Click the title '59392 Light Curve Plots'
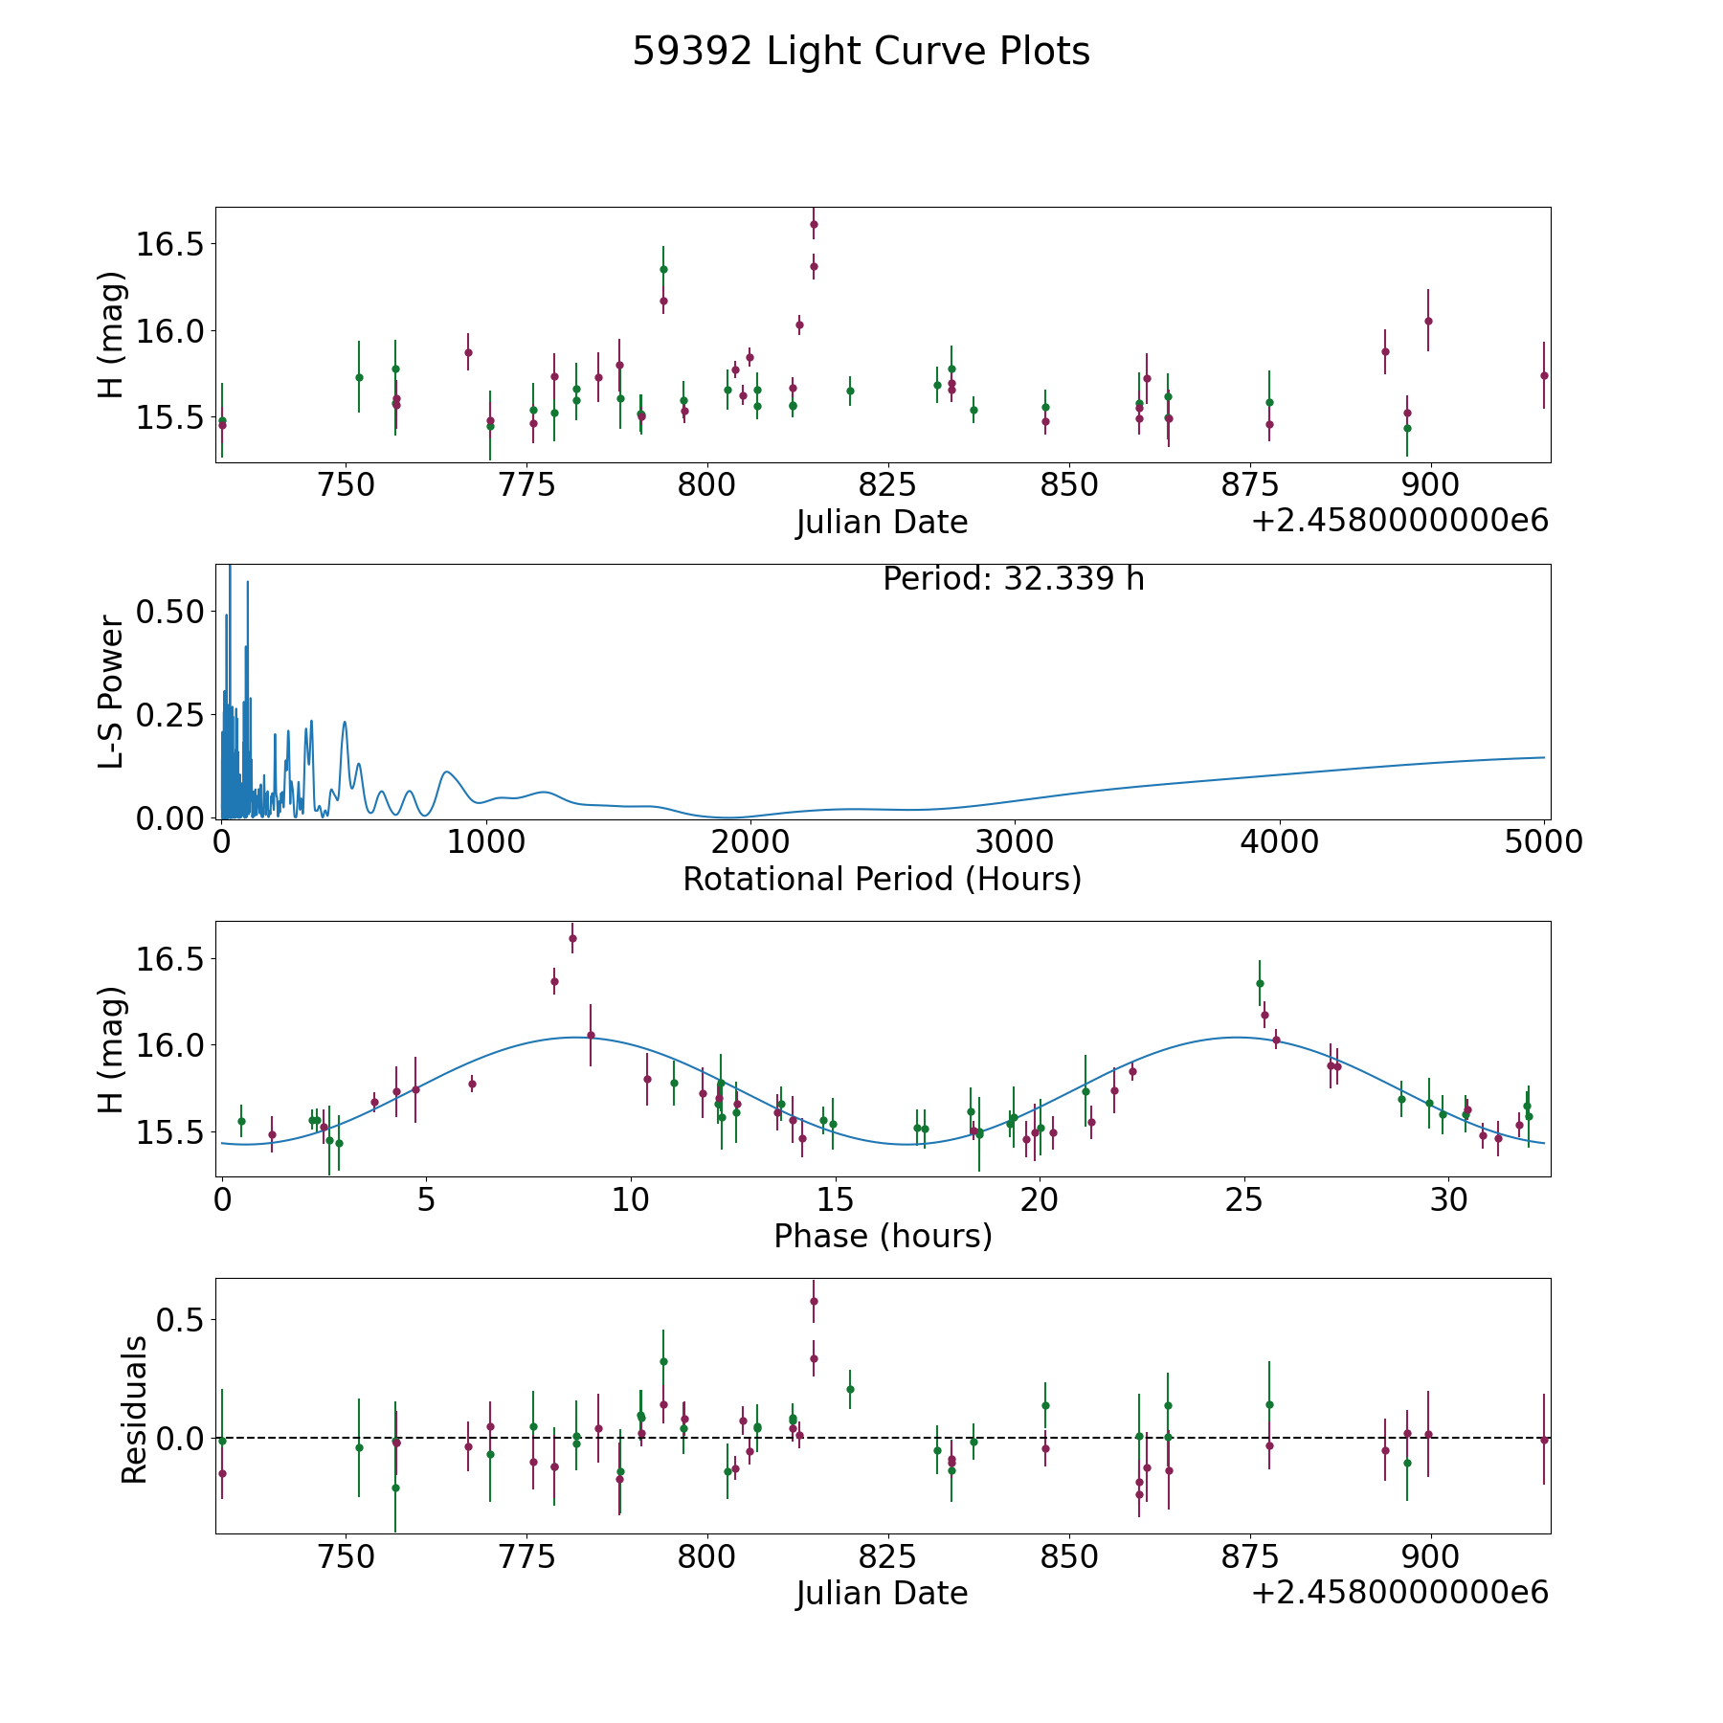tap(861, 52)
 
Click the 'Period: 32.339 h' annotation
tap(1014, 579)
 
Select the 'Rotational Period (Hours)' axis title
tap(882, 879)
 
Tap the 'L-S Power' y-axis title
tap(111, 691)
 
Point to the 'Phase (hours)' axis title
tap(883, 1236)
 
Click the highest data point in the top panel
tap(814, 224)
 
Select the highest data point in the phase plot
tap(572, 938)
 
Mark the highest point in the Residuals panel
tap(814, 1301)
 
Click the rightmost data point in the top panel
tap(1544, 375)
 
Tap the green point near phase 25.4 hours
tap(1260, 983)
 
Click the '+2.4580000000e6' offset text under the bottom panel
tap(1400, 1594)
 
